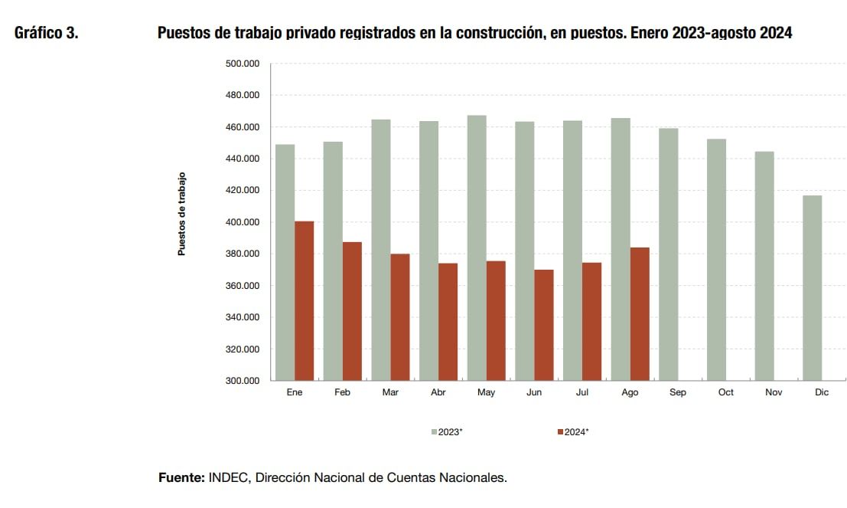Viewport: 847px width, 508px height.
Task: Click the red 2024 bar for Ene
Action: pos(304,301)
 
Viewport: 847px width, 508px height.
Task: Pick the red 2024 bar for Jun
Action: pos(544,325)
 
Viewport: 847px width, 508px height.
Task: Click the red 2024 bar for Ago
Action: pos(640,314)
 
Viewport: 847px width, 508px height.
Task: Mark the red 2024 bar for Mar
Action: pos(400,317)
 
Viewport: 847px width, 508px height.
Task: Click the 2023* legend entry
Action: pos(447,432)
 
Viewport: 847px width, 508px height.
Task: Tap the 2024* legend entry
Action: pos(573,432)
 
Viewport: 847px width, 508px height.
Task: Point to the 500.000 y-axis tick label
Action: pos(242,64)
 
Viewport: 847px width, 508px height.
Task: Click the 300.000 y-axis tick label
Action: pos(242,381)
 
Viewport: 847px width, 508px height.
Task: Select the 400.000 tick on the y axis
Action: pos(242,222)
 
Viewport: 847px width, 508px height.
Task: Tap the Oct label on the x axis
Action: pos(725,392)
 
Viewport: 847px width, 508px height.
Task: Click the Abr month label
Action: pos(438,392)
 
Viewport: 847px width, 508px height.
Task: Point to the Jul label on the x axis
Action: pos(582,392)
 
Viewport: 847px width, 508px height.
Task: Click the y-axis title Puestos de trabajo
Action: pos(181,214)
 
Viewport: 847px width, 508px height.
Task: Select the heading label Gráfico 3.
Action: pos(46,34)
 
